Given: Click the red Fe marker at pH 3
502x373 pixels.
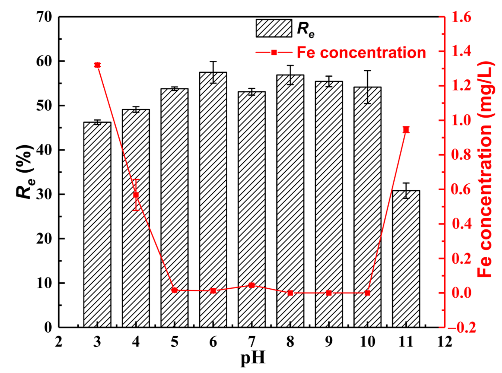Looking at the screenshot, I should point(97,65).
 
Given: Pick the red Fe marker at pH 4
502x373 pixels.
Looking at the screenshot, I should point(136,195).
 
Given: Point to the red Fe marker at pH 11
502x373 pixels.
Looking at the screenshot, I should point(406,130).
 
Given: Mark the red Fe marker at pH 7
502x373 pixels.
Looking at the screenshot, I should point(252,285).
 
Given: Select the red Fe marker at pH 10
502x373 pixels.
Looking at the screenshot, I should point(367,293).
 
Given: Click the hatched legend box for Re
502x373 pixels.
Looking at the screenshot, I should point(274,28).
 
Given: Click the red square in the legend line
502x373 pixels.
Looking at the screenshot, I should point(274,52).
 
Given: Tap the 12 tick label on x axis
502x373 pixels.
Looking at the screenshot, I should point(445,342).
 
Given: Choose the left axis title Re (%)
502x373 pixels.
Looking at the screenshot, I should point(25,172).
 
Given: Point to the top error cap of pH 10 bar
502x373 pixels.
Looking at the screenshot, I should point(367,71).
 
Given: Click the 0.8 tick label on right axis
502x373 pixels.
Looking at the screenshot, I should point(461,155).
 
